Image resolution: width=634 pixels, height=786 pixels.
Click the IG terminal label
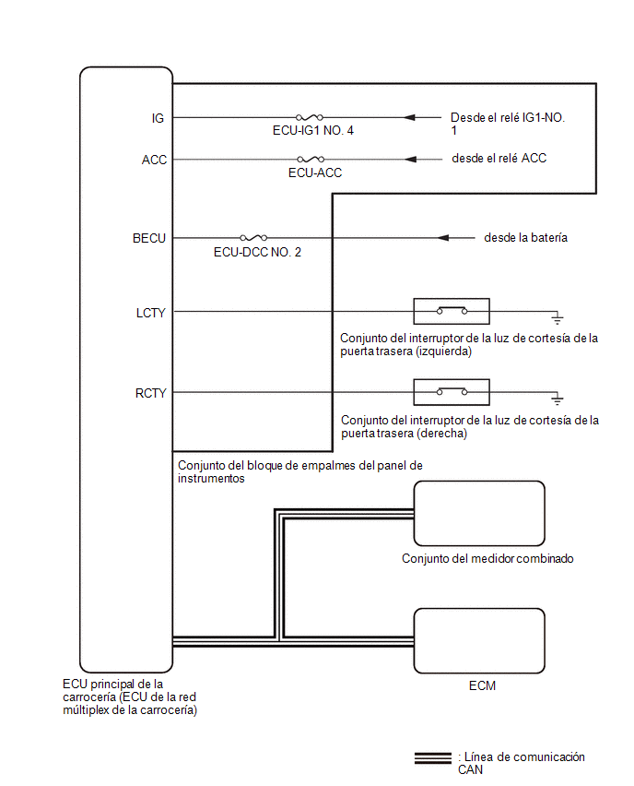[158, 118]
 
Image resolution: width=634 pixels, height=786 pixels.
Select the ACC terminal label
[154, 160]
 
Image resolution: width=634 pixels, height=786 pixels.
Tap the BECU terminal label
[148, 238]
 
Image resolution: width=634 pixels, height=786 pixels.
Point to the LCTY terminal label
[150, 313]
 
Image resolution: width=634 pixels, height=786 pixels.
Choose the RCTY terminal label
[150, 393]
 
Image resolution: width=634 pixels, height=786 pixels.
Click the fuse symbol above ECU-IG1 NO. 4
[310, 117]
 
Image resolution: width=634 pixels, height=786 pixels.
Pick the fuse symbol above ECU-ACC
[311, 160]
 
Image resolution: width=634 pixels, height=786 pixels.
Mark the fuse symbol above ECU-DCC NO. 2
[253, 238]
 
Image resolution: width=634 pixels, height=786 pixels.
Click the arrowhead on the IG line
[410, 117]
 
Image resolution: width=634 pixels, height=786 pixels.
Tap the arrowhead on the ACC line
[411, 160]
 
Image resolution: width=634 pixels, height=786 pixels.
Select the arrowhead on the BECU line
[443, 238]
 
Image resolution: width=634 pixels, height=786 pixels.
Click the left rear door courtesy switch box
[452, 311]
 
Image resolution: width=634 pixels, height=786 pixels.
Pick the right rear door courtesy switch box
[452, 392]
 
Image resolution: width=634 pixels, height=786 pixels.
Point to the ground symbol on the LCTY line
[557, 317]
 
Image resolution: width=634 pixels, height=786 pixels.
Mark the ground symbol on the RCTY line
[557, 399]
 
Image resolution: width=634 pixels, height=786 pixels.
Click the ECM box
[479, 640]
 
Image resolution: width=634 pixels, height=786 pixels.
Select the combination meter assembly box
[479, 513]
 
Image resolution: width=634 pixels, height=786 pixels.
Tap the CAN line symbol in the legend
[433, 758]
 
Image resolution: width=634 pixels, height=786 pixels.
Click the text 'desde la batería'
[526, 238]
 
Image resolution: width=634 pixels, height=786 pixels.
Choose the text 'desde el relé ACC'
[499, 159]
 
